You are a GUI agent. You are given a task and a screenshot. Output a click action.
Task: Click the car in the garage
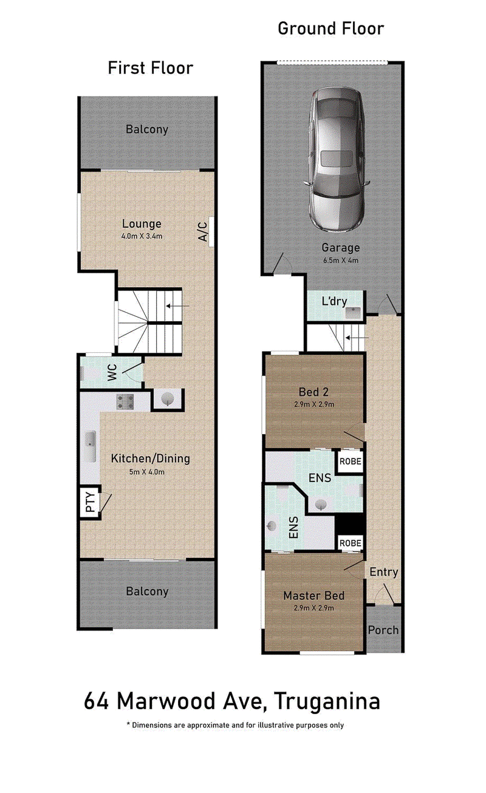click(x=336, y=161)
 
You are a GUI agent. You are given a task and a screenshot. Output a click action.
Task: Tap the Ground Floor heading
click(x=331, y=29)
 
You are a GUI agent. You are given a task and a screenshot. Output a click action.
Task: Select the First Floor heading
click(x=151, y=67)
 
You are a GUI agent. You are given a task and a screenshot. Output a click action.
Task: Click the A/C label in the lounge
click(x=202, y=231)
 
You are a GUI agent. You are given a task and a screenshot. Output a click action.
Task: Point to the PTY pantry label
click(x=91, y=502)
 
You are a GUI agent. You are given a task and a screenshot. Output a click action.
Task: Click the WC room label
click(x=112, y=372)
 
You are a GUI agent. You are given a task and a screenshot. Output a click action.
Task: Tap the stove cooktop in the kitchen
click(x=125, y=402)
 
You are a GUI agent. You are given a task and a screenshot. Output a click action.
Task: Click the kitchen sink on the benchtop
click(x=91, y=446)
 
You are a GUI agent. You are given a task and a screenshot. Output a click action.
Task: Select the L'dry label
click(x=334, y=301)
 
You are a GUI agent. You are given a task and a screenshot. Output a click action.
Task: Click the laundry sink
click(x=353, y=313)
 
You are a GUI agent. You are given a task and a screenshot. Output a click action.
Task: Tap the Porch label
click(x=383, y=630)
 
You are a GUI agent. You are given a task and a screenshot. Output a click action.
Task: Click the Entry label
click(x=383, y=572)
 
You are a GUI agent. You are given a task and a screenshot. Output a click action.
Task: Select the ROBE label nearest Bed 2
click(x=351, y=461)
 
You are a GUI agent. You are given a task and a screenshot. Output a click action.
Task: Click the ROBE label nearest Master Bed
click(x=351, y=543)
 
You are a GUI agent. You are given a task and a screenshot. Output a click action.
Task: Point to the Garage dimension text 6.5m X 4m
click(x=340, y=260)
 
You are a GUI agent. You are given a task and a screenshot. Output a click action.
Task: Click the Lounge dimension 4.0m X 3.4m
click(x=142, y=236)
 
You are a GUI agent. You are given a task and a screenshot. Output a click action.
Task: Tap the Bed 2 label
click(x=313, y=392)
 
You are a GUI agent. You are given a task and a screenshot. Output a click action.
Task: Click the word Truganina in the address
click(x=327, y=702)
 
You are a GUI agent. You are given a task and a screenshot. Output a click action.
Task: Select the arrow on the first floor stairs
click(x=177, y=306)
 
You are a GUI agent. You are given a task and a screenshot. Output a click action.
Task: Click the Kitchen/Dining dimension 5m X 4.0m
click(x=146, y=472)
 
